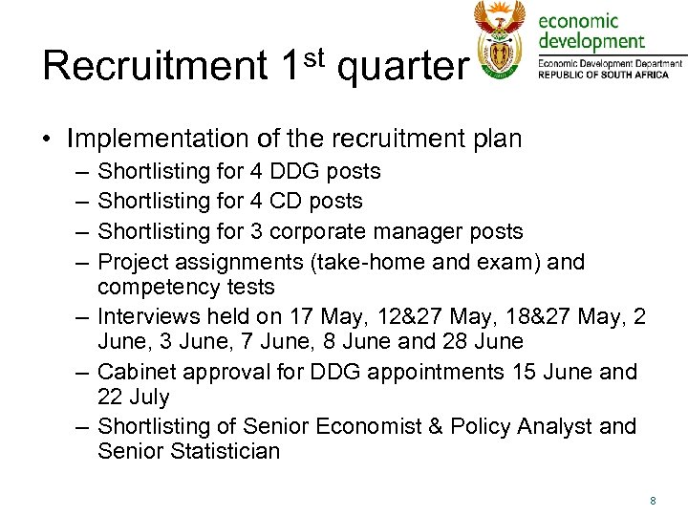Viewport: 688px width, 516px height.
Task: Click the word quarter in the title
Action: point(403,68)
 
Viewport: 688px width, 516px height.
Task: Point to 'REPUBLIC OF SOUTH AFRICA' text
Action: point(611,75)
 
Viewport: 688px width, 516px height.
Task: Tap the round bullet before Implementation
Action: point(47,140)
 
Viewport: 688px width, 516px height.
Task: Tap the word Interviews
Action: point(148,316)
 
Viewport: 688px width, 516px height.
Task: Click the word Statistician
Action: point(226,451)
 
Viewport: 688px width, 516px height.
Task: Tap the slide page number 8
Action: point(653,500)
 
